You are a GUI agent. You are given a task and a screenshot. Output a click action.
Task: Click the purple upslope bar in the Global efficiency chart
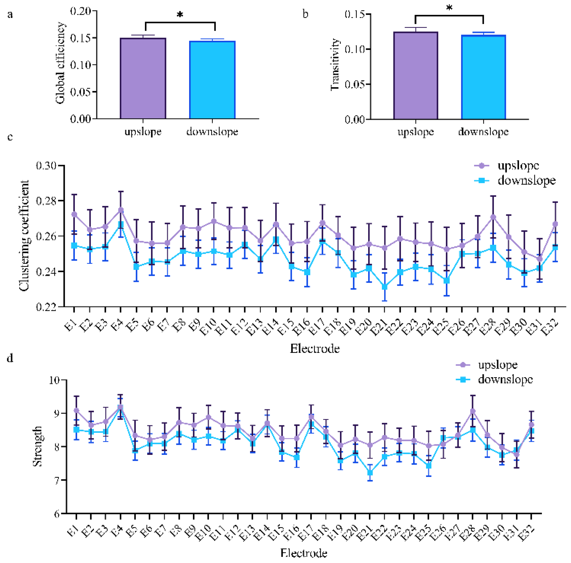tap(143, 78)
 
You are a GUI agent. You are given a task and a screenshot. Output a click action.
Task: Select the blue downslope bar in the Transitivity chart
tap(483, 77)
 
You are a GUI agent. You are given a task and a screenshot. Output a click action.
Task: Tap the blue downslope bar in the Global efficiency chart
tap(212, 80)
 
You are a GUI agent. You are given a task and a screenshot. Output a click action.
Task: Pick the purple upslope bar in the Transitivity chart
tap(416, 76)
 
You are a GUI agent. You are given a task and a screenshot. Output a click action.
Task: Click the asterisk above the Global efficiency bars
tap(180, 15)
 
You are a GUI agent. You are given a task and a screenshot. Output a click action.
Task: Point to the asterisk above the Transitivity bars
tap(449, 8)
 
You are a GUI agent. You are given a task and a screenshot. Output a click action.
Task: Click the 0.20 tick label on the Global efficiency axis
tap(80, 11)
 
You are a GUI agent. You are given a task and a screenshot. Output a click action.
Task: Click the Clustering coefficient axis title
tap(24, 236)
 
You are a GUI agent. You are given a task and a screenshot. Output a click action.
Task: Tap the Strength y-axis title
tap(38, 446)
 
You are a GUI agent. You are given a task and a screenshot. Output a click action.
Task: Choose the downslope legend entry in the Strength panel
tap(495, 379)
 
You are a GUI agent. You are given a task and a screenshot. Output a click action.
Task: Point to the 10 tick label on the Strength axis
tap(55, 380)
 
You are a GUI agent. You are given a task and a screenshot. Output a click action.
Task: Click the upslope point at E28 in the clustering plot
tap(493, 217)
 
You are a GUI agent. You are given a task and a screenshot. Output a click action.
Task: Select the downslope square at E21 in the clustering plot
tap(384, 287)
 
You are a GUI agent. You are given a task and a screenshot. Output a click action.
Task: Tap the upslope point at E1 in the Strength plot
tap(76, 410)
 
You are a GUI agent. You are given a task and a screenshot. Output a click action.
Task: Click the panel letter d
tap(10, 358)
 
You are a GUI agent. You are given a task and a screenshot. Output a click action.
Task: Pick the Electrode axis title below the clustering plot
tap(315, 349)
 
